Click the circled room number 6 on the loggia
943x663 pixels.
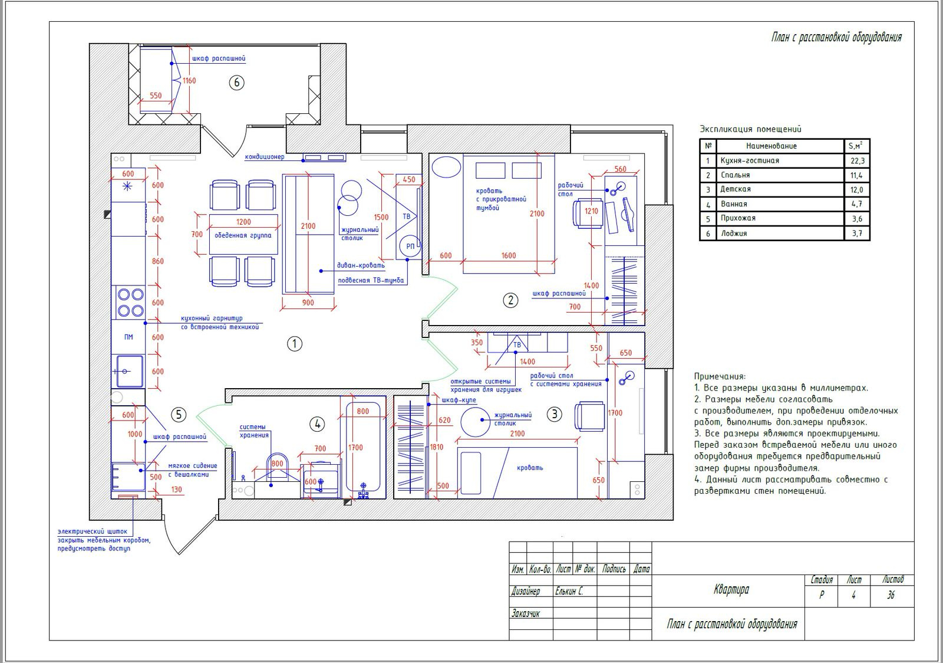click(x=236, y=83)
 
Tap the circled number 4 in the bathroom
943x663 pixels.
click(x=317, y=424)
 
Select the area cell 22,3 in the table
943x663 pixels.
click(x=857, y=160)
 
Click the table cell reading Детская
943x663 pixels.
click(x=736, y=189)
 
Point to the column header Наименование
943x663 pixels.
click(x=771, y=146)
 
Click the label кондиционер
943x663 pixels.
click(x=265, y=157)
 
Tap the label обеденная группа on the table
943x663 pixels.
click(x=243, y=235)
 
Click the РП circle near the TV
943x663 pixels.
click(x=410, y=246)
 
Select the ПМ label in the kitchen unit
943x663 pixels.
click(x=128, y=337)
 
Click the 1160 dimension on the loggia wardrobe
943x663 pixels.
click(x=189, y=80)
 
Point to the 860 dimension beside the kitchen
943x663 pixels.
click(x=158, y=261)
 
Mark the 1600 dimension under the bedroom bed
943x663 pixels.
click(x=509, y=255)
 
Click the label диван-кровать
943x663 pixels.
click(x=361, y=265)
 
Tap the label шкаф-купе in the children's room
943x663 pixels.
click(x=459, y=400)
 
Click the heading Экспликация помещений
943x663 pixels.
click(x=750, y=129)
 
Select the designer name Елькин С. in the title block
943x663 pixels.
click(x=569, y=591)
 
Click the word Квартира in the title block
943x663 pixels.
click(x=731, y=589)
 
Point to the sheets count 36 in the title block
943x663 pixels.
click(x=891, y=595)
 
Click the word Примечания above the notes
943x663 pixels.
click(x=720, y=376)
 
